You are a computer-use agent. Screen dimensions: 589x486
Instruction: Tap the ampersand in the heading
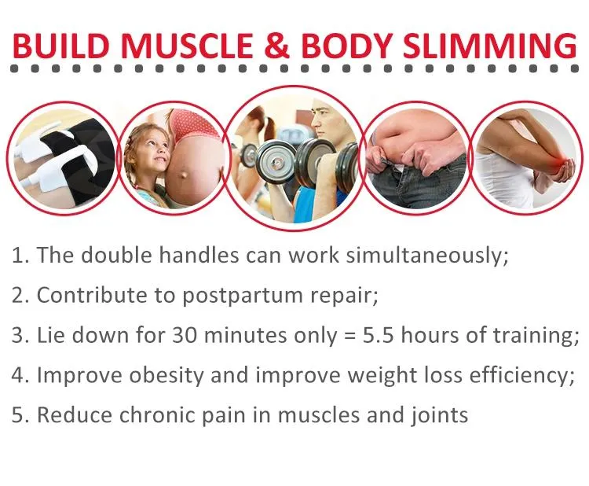[x=277, y=46]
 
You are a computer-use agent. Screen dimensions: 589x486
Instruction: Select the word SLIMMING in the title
[x=489, y=46]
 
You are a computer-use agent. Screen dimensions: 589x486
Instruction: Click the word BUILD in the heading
[x=60, y=46]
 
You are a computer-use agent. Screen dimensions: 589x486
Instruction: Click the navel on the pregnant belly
[x=184, y=175]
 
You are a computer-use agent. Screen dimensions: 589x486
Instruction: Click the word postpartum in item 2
[x=243, y=296]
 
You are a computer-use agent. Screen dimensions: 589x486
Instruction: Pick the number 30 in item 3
[x=185, y=335]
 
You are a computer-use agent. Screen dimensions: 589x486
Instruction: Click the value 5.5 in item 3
[x=379, y=335]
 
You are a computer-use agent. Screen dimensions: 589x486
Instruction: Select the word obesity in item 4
[x=166, y=375]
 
